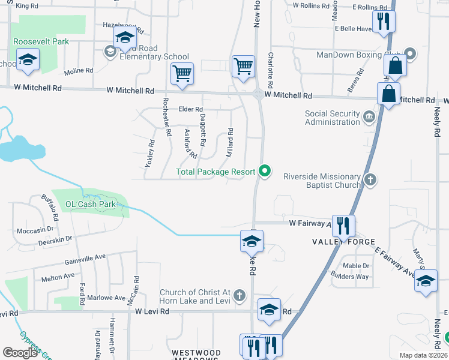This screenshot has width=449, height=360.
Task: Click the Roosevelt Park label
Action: pyautogui.click(x=41, y=41)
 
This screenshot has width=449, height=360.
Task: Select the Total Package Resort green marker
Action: pyautogui.click(x=264, y=172)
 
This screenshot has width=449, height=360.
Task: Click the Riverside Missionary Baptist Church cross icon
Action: pyautogui.click(x=371, y=179)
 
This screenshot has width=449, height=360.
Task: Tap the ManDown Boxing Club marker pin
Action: pyautogui.click(x=411, y=54)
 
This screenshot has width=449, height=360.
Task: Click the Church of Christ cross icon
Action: pyautogui.click(x=239, y=295)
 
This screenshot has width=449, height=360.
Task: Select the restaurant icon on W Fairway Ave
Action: pyautogui.click(x=343, y=226)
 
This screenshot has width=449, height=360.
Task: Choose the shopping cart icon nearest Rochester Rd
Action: pyautogui.click(x=182, y=73)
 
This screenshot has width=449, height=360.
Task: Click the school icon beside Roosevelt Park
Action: pyautogui.click(x=28, y=60)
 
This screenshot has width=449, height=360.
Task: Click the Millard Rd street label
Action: pyautogui.click(x=229, y=143)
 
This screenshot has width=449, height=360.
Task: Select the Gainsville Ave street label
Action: pyautogui.click(x=85, y=258)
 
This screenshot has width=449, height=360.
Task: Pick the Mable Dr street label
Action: pyautogui.click(x=357, y=266)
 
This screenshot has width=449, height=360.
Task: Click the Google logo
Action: pyautogui.click(x=20, y=353)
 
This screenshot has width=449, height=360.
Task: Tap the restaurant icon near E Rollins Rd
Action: pyautogui.click(x=383, y=22)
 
